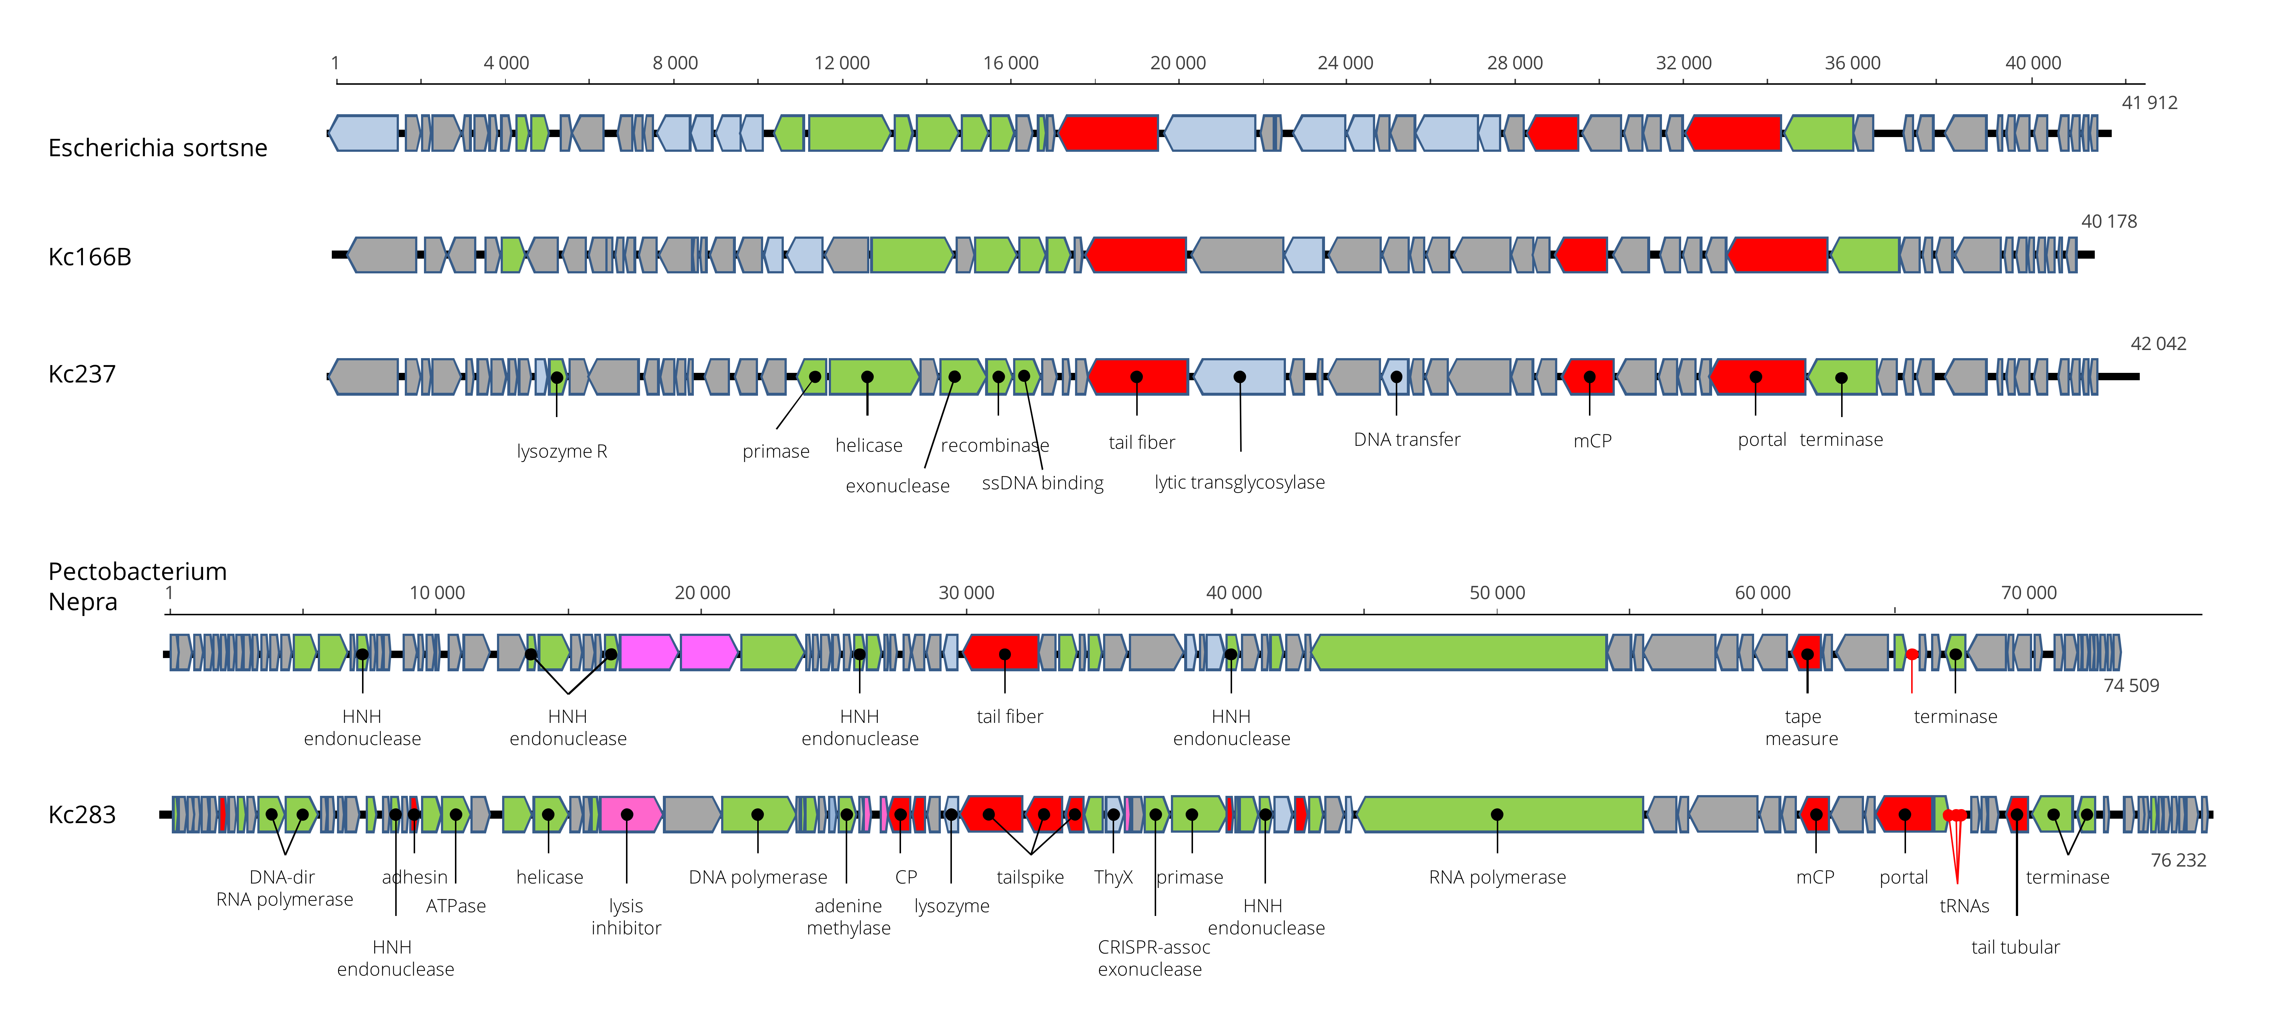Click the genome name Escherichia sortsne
158,148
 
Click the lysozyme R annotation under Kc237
561,451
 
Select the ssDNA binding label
1042,483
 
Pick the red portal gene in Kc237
1757,377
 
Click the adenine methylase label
848,917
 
